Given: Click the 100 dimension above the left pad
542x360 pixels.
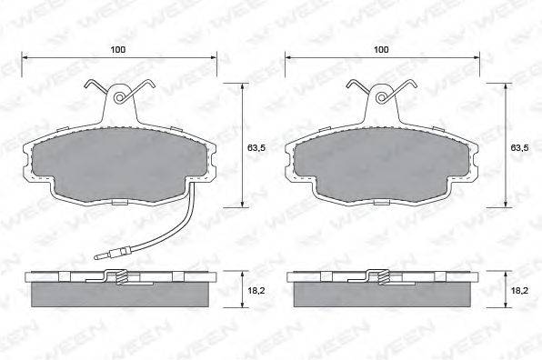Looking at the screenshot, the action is click(x=118, y=49).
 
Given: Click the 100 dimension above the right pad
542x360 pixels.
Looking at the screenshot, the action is click(x=381, y=49).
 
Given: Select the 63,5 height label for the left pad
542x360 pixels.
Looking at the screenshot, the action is click(x=256, y=148).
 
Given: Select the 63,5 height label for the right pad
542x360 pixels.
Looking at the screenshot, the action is click(x=519, y=148).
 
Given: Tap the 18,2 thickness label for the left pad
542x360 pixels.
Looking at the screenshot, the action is click(x=256, y=291).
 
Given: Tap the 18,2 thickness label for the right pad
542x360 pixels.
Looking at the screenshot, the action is click(x=519, y=291).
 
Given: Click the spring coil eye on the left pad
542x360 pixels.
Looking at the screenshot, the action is click(x=119, y=97).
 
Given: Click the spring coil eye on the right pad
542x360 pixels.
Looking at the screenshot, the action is click(x=382, y=97).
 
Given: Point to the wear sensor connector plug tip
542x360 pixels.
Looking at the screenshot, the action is click(x=95, y=256).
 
